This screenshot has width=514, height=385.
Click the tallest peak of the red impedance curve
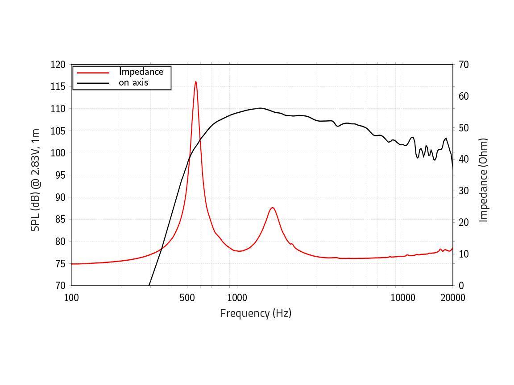click(x=195, y=82)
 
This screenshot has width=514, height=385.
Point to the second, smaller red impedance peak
click(x=272, y=208)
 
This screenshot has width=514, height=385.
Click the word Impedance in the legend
click(x=141, y=72)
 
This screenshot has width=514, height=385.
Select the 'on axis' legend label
click(x=133, y=82)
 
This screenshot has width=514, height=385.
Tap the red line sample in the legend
click(x=93, y=72)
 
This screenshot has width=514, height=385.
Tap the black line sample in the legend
click(x=93, y=83)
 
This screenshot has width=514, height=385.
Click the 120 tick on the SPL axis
click(x=58, y=65)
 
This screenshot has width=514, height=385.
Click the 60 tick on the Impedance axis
click(x=463, y=96)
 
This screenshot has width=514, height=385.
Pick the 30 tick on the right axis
click(x=463, y=191)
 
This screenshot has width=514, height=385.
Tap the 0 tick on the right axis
click(x=461, y=286)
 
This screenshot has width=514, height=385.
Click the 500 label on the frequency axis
click(x=187, y=298)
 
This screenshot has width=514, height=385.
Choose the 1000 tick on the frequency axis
click(x=237, y=298)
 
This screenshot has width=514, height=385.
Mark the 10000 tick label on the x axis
click(x=402, y=298)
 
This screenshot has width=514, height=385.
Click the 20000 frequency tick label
click(x=452, y=298)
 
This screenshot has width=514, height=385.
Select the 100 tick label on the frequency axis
click(x=71, y=298)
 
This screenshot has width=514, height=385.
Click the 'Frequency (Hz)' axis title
click(x=256, y=313)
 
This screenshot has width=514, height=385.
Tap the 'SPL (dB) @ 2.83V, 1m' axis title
click(x=35, y=180)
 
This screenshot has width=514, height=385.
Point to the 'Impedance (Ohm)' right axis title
click(x=483, y=180)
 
